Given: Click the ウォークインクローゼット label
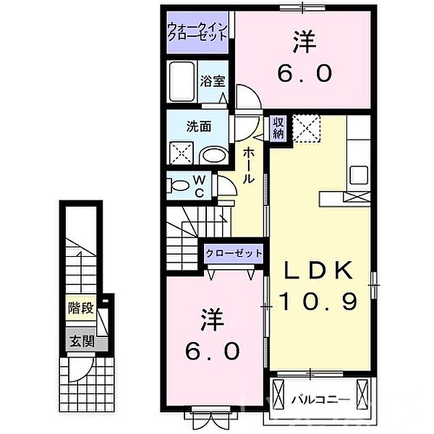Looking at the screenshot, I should (197, 33).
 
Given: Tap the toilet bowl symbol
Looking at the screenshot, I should (180, 185).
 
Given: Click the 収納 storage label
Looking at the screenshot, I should (278, 128).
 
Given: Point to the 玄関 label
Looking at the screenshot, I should (80, 342).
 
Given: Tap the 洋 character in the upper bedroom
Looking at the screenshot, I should (305, 43).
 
